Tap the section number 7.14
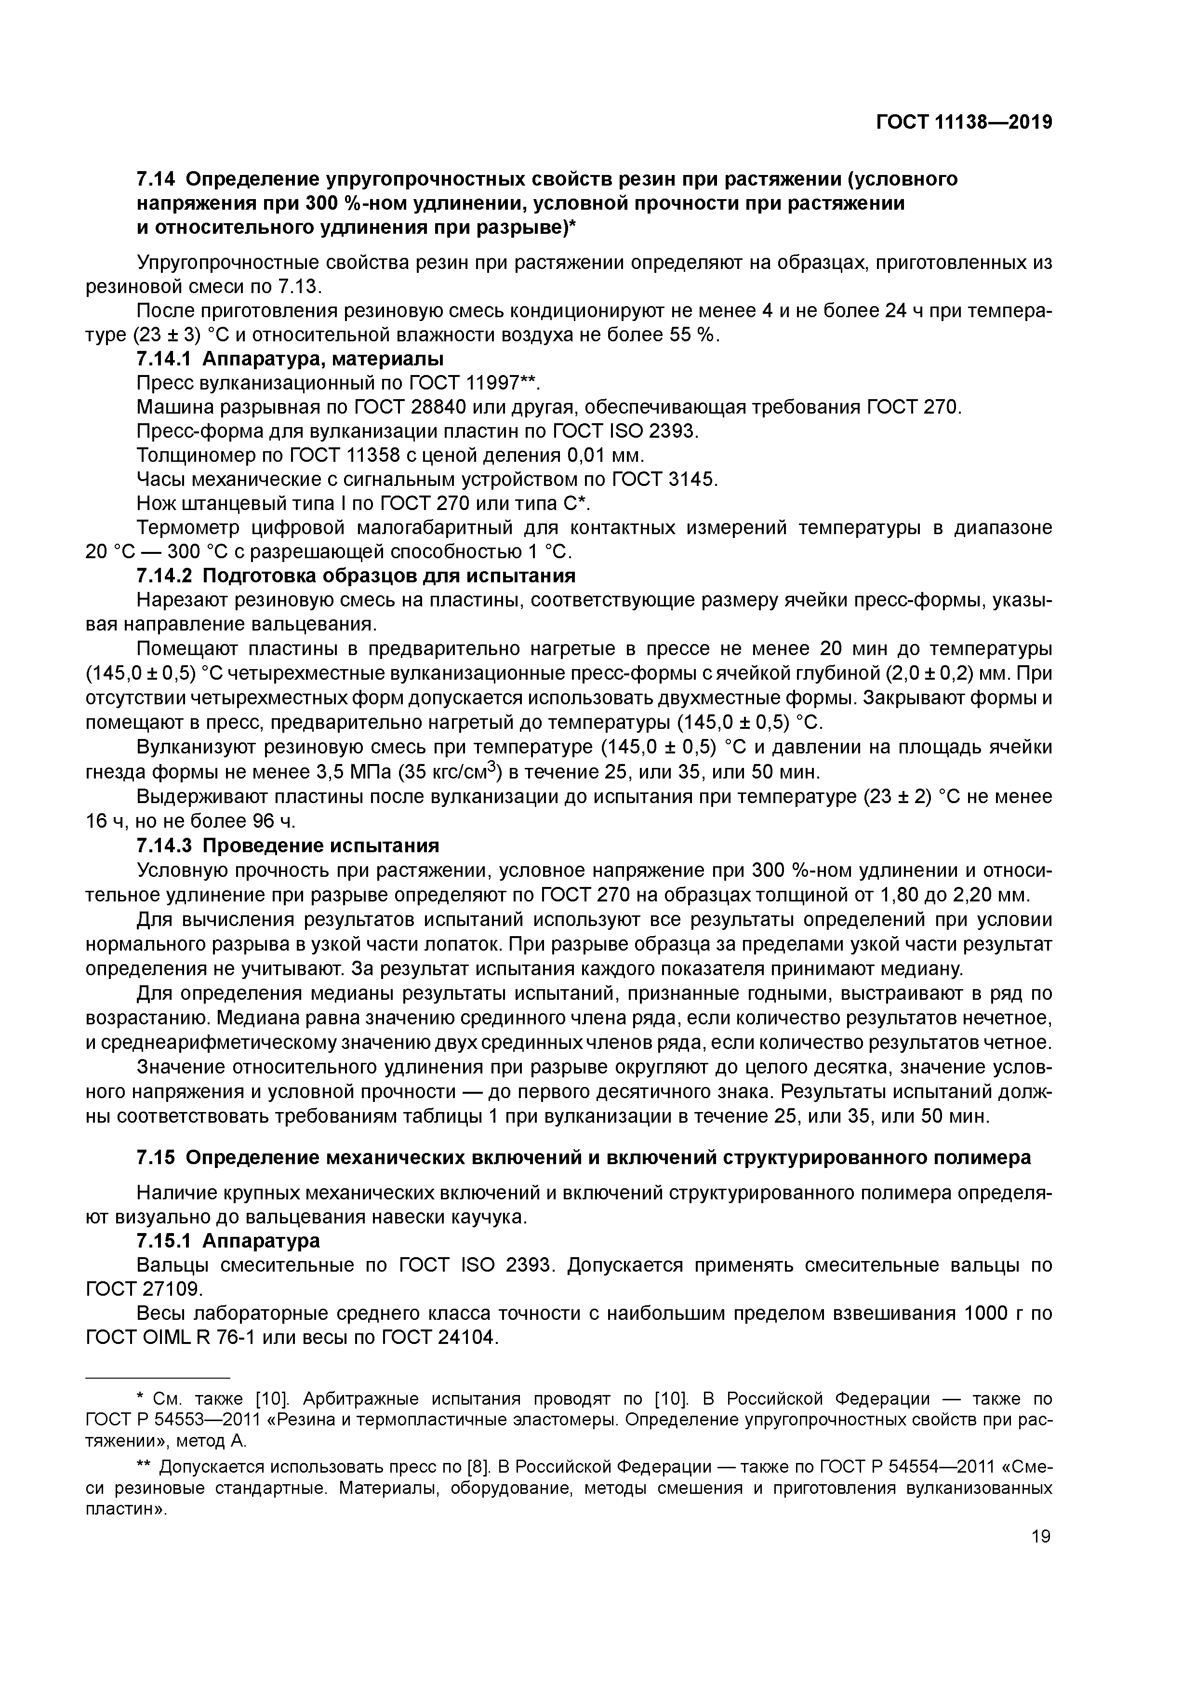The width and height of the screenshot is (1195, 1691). (156, 179)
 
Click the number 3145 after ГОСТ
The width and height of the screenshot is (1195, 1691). (691, 480)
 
